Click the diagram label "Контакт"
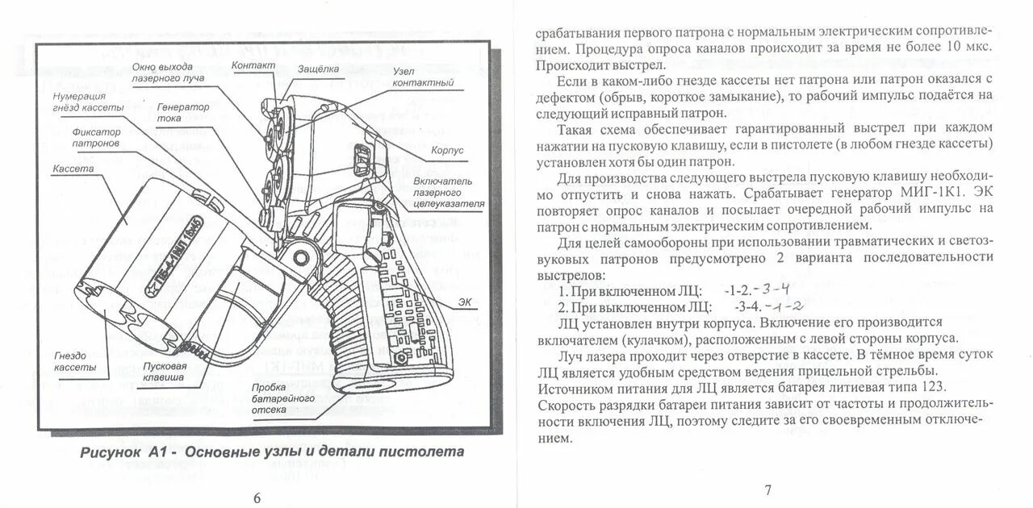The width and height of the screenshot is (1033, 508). pos(253,65)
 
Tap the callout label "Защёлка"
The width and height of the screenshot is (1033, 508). pos(318,69)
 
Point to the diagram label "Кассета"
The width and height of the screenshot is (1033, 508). pos(73,169)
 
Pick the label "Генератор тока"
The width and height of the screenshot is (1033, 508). pos(182,112)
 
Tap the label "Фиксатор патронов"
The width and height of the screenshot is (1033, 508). pos(96,137)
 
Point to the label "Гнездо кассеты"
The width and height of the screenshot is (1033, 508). pos(76,361)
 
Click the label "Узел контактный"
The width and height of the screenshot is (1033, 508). pos(424,77)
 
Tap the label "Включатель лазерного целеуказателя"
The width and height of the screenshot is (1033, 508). pos(447,193)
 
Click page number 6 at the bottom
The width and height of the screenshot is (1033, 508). pos(257,498)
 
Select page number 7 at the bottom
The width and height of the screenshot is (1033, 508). pos(767,489)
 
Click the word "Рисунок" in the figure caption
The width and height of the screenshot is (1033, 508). pos(111,452)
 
